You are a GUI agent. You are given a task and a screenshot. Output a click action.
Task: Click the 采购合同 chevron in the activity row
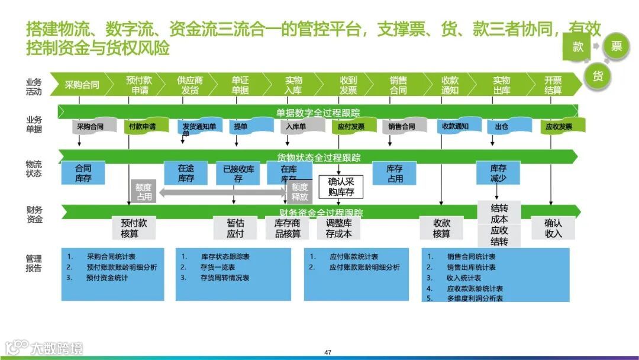(82, 85)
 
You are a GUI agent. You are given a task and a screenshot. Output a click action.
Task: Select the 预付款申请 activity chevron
(139, 85)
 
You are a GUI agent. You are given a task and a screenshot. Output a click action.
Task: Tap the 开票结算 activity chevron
(553, 85)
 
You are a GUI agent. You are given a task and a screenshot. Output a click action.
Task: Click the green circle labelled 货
(597, 76)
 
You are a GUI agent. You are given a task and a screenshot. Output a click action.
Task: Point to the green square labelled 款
(577, 47)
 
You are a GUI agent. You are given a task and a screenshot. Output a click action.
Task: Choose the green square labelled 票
(617, 47)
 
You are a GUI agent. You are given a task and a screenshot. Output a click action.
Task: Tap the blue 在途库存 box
(186, 173)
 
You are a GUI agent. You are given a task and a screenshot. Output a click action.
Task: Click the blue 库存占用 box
(395, 173)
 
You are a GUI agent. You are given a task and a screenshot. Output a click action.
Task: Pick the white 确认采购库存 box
(341, 187)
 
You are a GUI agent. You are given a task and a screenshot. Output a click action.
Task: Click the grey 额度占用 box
(144, 191)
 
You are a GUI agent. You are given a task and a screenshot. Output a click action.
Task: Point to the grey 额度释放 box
(299, 191)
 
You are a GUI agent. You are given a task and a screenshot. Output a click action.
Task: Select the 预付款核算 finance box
(134, 228)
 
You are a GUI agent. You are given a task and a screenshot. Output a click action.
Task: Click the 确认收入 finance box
(553, 228)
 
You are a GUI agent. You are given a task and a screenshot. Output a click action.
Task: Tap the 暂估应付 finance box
(235, 228)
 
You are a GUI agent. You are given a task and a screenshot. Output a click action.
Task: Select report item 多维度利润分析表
(475, 298)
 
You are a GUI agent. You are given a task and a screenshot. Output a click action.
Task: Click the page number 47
(328, 352)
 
